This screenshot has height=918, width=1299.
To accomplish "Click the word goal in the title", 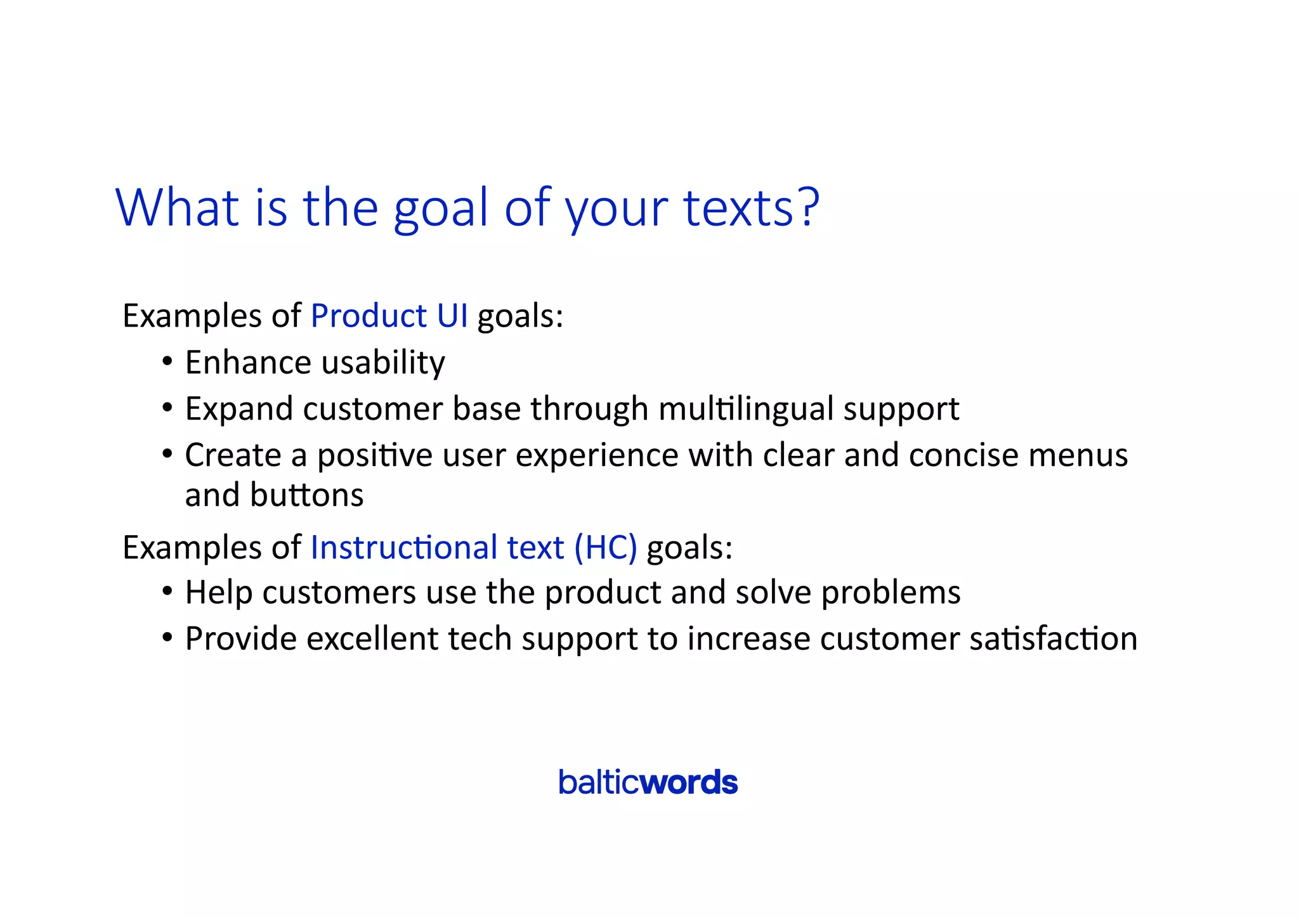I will tap(441, 209).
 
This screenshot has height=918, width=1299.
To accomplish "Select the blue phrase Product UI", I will tap(389, 315).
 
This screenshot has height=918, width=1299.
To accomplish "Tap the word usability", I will tap(383, 363).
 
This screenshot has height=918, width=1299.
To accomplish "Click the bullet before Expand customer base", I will tap(167, 408).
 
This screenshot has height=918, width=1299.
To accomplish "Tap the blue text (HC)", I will tap(605, 547).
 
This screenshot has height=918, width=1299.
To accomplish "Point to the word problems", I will tap(891, 593).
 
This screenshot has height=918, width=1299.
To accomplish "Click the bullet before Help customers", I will tap(167, 592).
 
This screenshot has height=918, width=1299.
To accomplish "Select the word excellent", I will tap(372, 638).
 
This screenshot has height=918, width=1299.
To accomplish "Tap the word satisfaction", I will tap(1053, 638).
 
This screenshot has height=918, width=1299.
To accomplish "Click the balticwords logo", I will tap(648, 782).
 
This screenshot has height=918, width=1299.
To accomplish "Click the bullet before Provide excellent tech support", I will tap(167, 638).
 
